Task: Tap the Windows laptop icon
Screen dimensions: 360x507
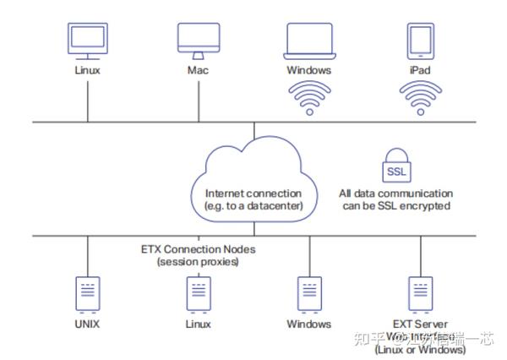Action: (309, 41)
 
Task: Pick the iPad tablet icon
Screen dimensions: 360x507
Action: (420, 40)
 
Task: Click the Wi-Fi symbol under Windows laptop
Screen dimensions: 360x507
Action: (309, 98)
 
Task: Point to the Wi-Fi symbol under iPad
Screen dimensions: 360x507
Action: (420, 98)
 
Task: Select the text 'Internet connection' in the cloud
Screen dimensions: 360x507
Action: (253, 194)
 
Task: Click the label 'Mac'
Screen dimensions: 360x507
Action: (198, 70)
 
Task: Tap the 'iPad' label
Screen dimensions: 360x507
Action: (420, 70)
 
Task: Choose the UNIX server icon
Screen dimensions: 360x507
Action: (87, 292)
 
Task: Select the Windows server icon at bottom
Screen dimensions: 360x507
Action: (309, 292)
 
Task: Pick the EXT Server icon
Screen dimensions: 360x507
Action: (420, 292)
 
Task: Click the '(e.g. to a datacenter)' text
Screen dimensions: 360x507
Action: (253, 205)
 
